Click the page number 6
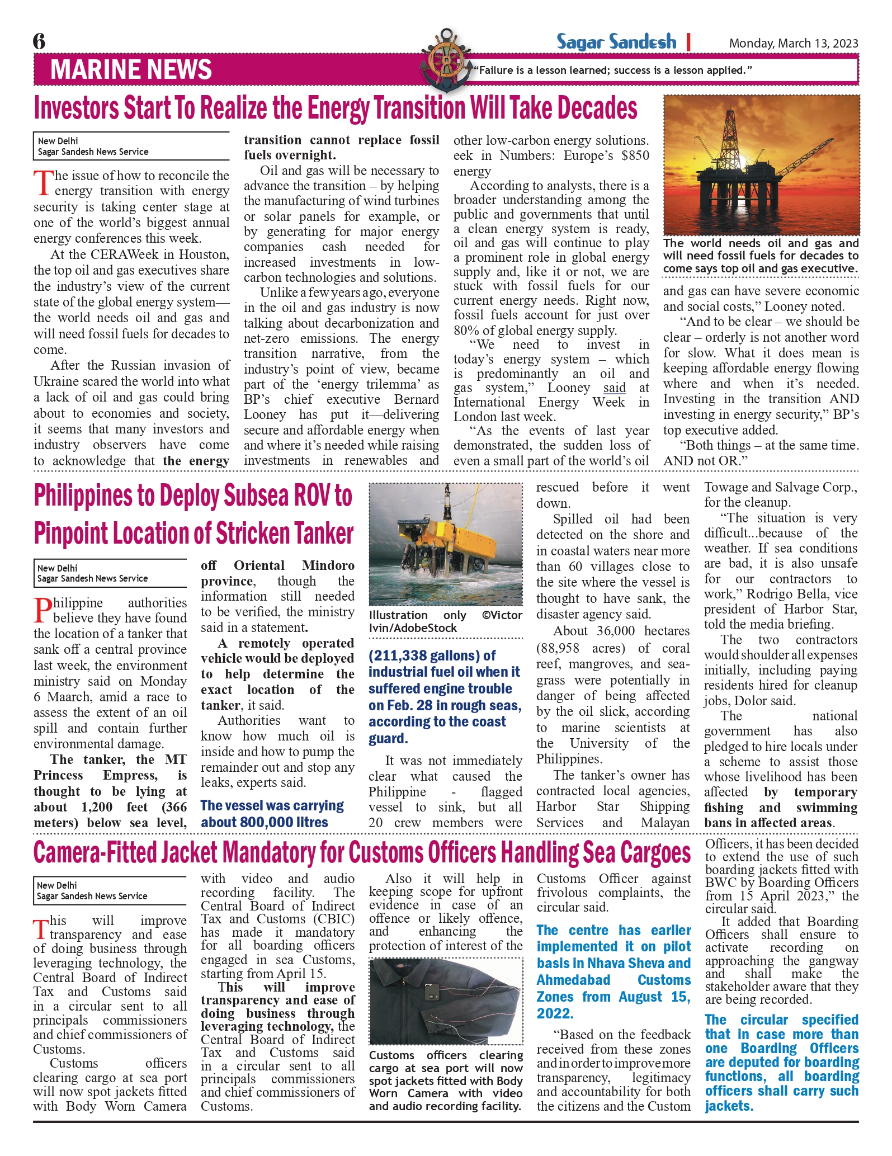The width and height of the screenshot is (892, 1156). (39, 41)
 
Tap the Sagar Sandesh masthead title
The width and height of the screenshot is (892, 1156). (616, 42)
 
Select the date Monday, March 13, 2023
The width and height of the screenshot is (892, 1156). (793, 44)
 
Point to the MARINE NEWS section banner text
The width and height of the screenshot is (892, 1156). (131, 70)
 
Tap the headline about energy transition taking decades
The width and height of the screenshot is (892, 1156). (336, 108)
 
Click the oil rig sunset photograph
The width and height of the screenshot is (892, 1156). (761, 165)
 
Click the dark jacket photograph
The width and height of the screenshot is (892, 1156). (446, 1001)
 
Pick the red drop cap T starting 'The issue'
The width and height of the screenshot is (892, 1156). (43, 183)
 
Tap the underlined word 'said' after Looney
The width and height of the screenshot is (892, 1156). (614, 388)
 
